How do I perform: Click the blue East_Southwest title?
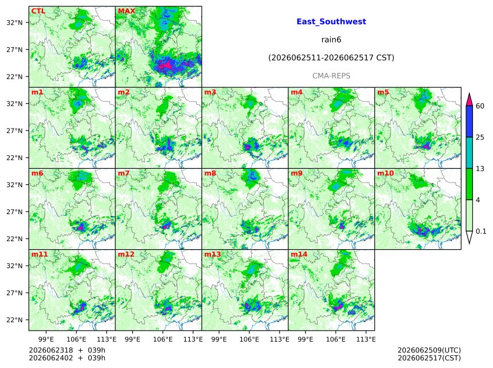[331, 22]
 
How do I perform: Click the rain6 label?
[331, 40]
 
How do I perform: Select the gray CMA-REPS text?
[331, 76]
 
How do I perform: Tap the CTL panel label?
[38, 11]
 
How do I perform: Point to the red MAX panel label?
[126, 11]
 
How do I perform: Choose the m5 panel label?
[383, 92]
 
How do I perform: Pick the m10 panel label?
[385, 173]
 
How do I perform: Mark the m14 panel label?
[299, 254]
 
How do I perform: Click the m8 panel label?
[210, 173]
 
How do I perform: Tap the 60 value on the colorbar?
[480, 106]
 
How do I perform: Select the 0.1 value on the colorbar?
[481, 231]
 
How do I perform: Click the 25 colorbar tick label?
[480, 137]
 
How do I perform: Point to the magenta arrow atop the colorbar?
[469, 99]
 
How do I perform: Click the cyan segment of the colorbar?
[469, 153]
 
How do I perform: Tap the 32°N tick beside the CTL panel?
[14, 22]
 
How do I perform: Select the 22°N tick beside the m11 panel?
[14, 320]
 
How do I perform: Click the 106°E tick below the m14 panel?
[335, 339]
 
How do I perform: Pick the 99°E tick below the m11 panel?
[46, 339]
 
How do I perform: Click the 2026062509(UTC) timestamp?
[429, 350]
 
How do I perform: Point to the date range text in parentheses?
[331, 58]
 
